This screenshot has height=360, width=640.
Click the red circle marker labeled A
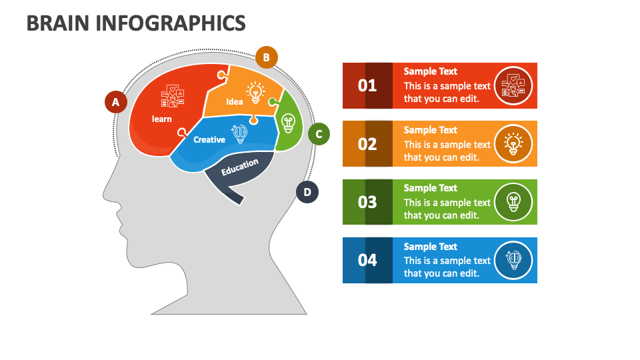(115, 102)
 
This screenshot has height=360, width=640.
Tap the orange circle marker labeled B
(266, 57)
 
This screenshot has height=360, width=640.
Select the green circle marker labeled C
(319, 134)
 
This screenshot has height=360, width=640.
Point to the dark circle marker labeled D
(307, 192)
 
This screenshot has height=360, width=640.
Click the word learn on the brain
(162, 119)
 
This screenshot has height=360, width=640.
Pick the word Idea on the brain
(235, 101)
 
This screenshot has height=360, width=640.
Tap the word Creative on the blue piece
(209, 140)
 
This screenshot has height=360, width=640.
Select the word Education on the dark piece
(239, 167)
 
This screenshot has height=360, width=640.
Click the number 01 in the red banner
(367, 85)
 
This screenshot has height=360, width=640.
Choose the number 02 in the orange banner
(367, 144)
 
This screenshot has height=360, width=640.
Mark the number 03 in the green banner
(367, 202)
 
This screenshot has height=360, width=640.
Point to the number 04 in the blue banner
(367, 260)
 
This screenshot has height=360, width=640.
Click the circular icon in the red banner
(513, 85)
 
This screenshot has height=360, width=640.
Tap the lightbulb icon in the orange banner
(513, 144)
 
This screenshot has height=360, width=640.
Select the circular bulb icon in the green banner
(513, 202)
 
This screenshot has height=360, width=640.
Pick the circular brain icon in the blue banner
(513, 260)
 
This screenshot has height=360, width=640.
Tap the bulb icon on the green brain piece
(288, 122)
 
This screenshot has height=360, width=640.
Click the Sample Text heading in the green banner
(430, 188)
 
